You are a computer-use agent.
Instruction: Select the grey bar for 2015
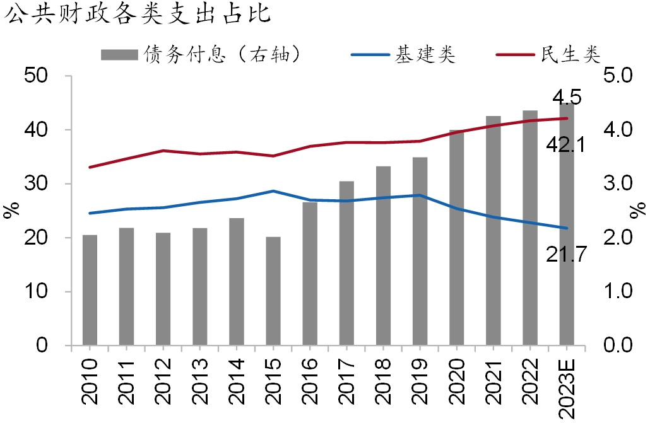click(x=273, y=291)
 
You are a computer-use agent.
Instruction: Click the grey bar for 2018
click(x=383, y=256)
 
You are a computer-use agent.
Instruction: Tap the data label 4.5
click(x=566, y=97)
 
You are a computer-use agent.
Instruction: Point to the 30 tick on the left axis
click(x=44, y=184)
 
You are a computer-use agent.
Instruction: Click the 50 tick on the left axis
click(x=44, y=76)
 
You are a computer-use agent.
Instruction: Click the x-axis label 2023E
click(x=566, y=386)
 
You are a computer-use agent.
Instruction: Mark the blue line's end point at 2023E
click(x=566, y=228)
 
